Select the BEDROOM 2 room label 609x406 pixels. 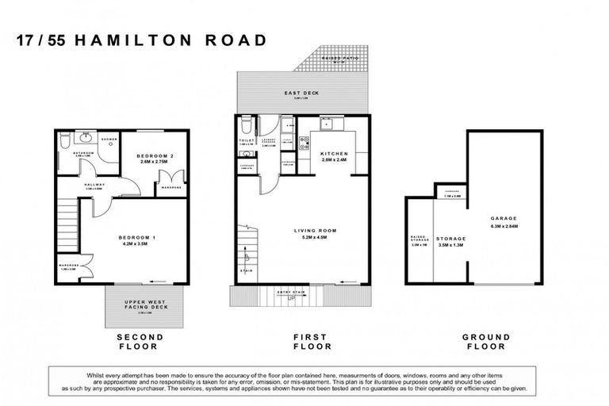click(x=155, y=155)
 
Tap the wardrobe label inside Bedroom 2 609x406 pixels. click(x=172, y=188)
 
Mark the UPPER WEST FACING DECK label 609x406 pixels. click(x=144, y=305)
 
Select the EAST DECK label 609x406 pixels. click(x=301, y=94)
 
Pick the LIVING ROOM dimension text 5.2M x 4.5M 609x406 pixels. click(x=315, y=238)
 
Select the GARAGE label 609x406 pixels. click(x=504, y=218)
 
